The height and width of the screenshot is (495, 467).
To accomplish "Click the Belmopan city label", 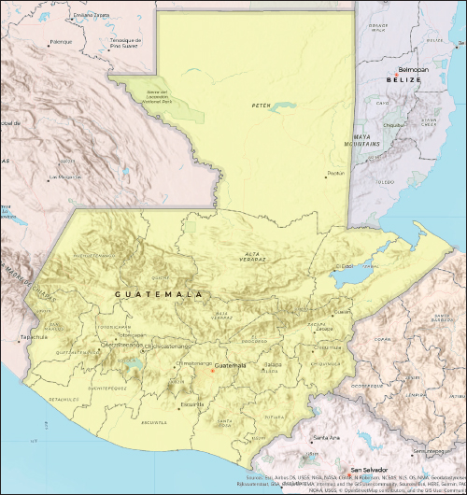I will [x=412, y=70].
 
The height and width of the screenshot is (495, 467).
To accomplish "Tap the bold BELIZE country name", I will [x=403, y=80].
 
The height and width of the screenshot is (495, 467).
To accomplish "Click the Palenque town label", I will [x=61, y=42].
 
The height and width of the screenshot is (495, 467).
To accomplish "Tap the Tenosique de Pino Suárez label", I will [x=125, y=43].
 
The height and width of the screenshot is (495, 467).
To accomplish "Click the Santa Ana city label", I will [x=326, y=437].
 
